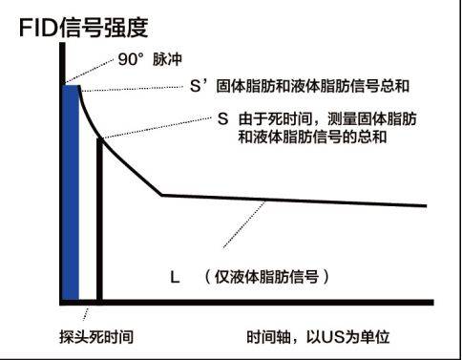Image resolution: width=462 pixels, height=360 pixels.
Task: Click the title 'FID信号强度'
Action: [x=84, y=28]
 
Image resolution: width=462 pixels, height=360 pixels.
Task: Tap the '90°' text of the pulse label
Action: [x=131, y=59]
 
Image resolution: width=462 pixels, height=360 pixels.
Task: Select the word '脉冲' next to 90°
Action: [x=167, y=59]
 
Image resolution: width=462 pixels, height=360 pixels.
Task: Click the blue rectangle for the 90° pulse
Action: [x=71, y=192]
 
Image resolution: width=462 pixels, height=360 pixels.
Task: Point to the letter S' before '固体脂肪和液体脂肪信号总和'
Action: [x=199, y=86]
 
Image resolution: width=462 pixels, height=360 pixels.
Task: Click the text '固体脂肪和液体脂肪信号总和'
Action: [x=313, y=86]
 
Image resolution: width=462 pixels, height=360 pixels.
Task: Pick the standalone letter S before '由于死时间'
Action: [x=223, y=119]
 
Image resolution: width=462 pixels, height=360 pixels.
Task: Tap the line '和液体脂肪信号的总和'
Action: [x=312, y=138]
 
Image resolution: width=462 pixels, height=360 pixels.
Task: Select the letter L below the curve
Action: [x=175, y=277]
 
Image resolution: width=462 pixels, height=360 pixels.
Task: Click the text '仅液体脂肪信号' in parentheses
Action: [x=266, y=277]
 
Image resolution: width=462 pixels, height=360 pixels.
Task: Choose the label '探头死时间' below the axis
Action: [x=96, y=337]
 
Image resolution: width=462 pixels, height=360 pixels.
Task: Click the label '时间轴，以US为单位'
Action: [x=318, y=337]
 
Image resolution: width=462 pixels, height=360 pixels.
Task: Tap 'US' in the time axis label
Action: [x=333, y=337]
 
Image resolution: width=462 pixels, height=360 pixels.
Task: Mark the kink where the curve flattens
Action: [x=161, y=195]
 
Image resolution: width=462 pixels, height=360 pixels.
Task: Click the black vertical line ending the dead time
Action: [x=99, y=220]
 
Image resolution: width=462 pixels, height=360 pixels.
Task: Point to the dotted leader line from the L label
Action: [x=244, y=224]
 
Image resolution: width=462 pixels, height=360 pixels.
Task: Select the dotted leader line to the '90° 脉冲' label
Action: [x=90, y=71]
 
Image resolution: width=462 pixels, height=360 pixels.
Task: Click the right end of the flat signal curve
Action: [x=426, y=206]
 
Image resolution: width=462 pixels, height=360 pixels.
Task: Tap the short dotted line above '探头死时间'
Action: [x=86, y=314]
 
